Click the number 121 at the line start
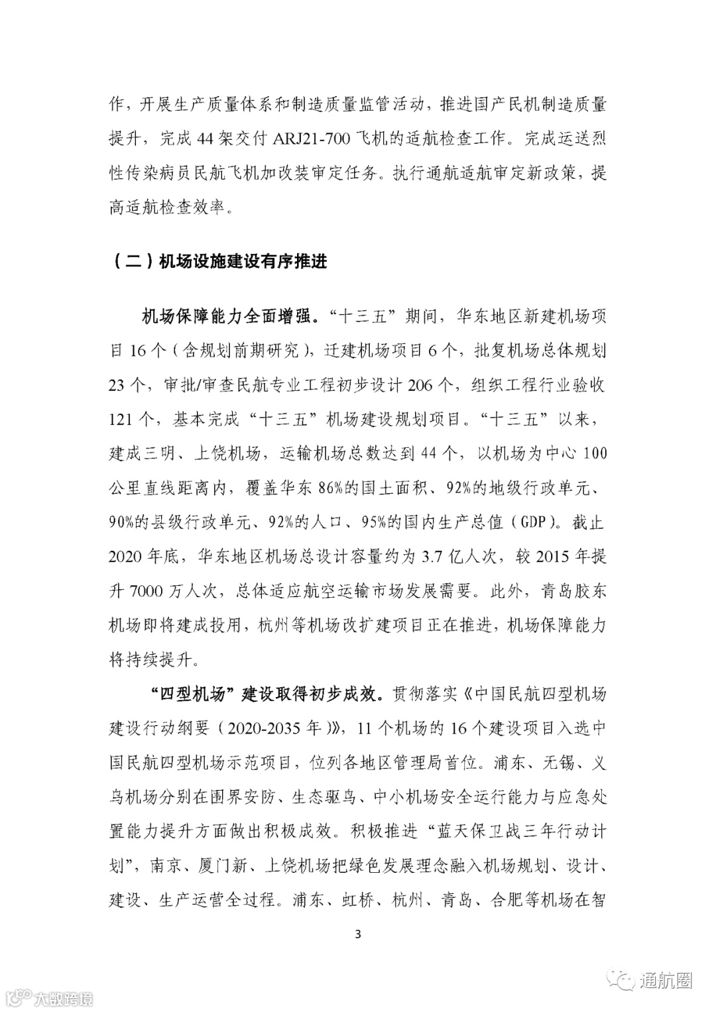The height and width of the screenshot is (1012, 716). [x=123, y=420]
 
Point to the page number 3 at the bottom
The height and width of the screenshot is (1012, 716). [x=358, y=935]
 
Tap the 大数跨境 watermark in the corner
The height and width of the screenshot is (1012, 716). [x=63, y=998]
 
